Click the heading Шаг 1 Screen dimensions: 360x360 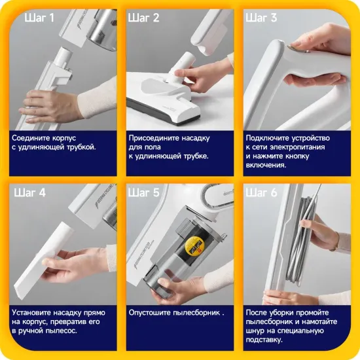coord(39,18)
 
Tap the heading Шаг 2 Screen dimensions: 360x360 coord(144,18)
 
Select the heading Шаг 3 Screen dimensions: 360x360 coord(261,18)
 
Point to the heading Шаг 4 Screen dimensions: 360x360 coord(30,192)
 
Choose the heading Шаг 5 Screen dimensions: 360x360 coord(144,192)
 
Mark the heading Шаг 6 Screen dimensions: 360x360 coord(261,192)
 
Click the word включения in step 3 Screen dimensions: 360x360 coord(266,166)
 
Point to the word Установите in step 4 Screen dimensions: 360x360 coord(31,313)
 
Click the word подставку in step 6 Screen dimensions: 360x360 coord(264,340)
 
